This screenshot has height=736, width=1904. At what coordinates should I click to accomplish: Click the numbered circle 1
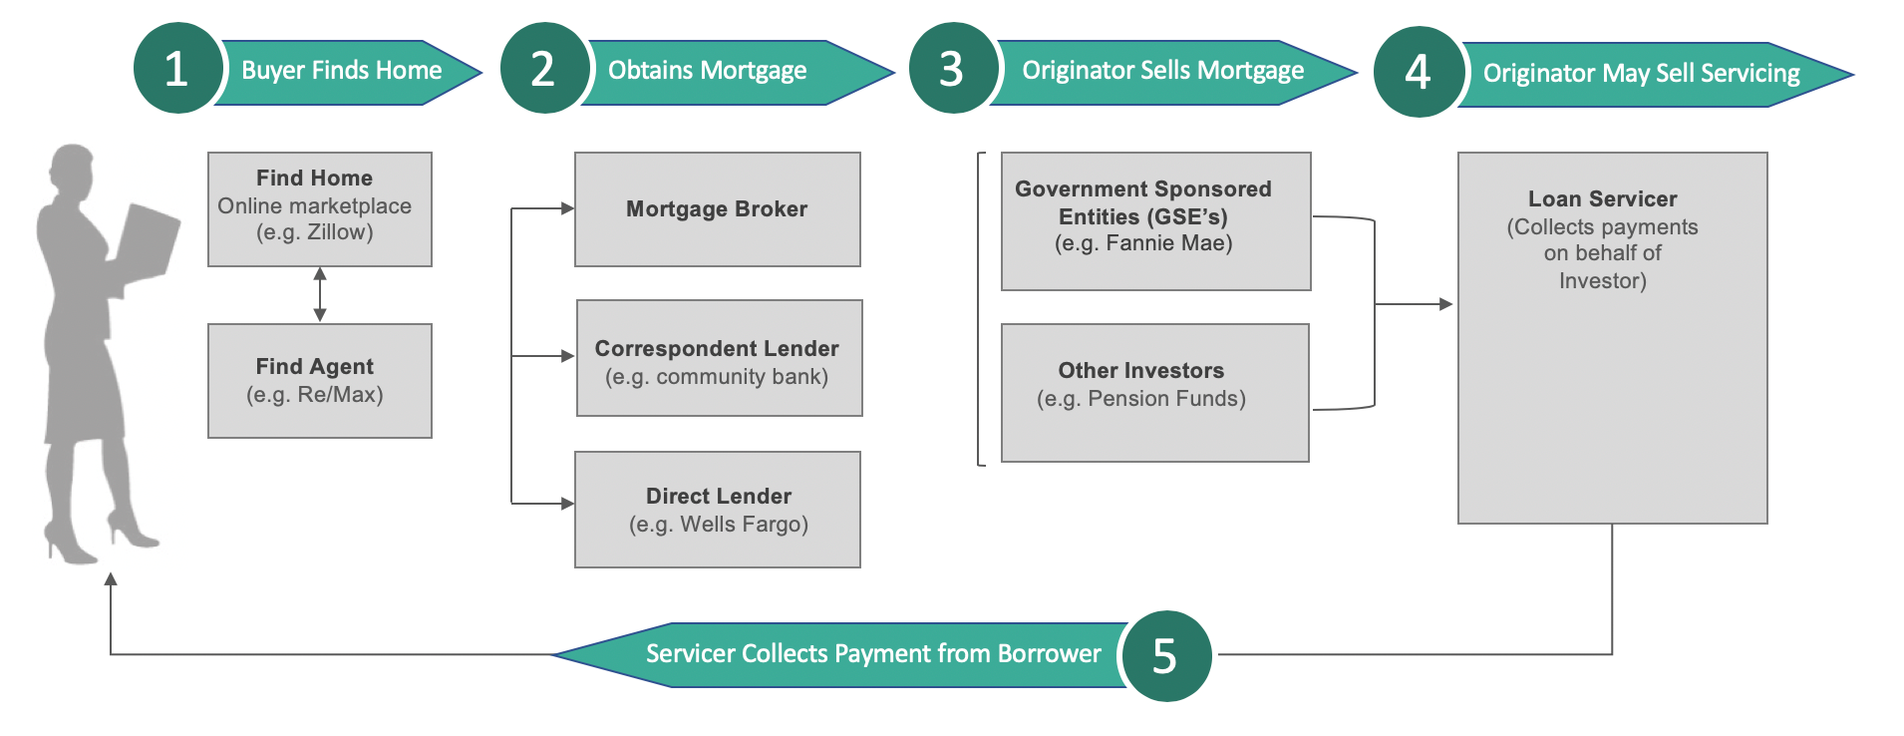click(x=176, y=69)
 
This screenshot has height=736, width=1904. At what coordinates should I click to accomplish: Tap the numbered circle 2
click(x=543, y=69)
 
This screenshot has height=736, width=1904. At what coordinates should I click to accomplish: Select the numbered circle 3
click(x=952, y=69)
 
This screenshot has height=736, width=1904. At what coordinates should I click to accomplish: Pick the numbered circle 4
click(x=1418, y=72)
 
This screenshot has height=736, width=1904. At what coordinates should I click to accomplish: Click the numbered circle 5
click(x=1164, y=656)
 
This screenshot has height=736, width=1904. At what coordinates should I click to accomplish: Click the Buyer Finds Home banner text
click(x=341, y=71)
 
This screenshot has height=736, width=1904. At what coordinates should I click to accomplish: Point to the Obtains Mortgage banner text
click(x=707, y=71)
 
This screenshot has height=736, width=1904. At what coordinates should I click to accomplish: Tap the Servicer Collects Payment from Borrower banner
click(x=872, y=654)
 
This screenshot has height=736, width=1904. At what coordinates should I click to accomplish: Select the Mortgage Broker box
click(x=717, y=209)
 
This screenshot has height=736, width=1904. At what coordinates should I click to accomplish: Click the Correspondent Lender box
click(x=719, y=359)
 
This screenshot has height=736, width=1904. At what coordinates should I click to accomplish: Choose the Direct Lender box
click(x=718, y=510)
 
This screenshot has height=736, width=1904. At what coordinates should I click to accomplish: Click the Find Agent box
click(x=319, y=381)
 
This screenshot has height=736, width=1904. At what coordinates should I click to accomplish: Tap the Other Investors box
click(x=1154, y=393)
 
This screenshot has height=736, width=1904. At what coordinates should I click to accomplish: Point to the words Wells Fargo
click(x=742, y=525)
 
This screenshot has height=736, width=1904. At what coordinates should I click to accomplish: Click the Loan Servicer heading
click(x=1602, y=199)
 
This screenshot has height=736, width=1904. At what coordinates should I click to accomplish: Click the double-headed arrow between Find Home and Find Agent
click(x=320, y=294)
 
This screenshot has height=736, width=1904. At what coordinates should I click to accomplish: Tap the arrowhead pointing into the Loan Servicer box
click(x=1445, y=304)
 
